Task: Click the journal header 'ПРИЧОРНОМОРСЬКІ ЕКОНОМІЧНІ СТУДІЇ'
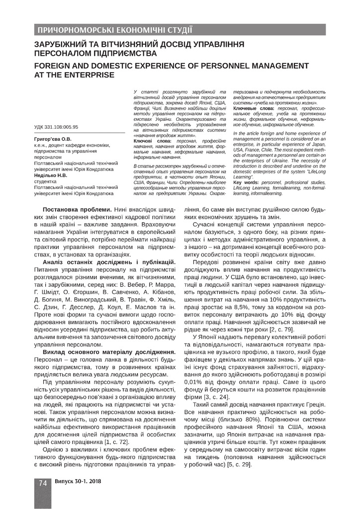pos(111,29)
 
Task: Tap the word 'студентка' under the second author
pos(46,181)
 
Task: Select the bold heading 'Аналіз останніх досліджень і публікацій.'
pos(109,261)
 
